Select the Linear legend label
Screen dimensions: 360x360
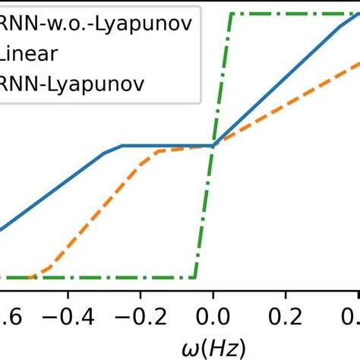(27, 53)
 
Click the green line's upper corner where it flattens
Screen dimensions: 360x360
(232, 14)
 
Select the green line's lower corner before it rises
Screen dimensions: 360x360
(195, 277)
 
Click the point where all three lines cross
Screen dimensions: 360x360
(213, 145)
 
